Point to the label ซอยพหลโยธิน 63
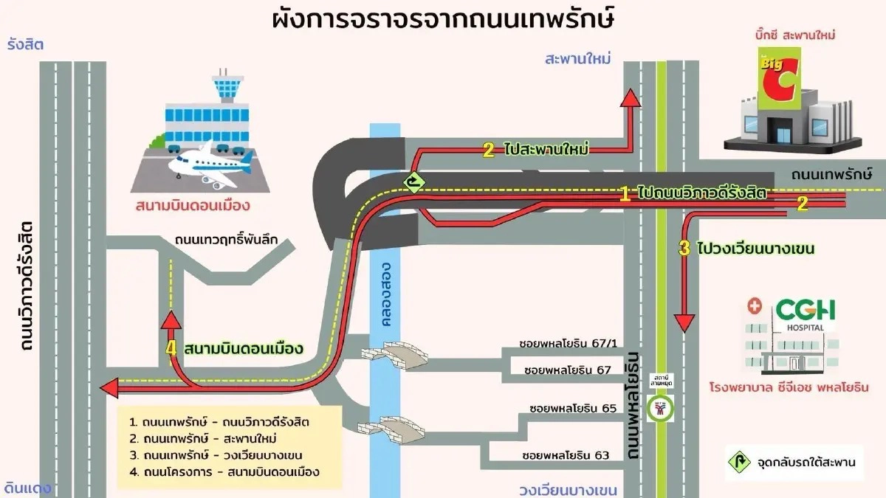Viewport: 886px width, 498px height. (x=566, y=454)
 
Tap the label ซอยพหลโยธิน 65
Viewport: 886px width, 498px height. (x=572, y=407)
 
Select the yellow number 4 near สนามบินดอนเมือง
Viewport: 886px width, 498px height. (x=173, y=348)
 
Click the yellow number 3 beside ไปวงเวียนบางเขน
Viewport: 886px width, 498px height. (x=684, y=248)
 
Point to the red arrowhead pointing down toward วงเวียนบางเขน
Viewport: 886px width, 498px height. (x=684, y=322)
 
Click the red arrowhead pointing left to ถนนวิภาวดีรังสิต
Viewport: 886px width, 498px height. (x=111, y=386)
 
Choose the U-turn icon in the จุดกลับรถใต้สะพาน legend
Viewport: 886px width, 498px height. (x=738, y=463)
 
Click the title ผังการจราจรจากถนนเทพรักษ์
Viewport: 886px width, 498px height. (x=444, y=19)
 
